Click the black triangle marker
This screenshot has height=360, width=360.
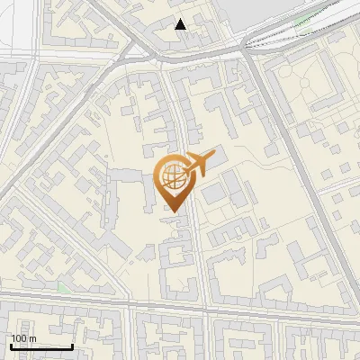coord(181,24)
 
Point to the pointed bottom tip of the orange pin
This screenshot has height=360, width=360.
coord(174,212)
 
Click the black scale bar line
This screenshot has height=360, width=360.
coord(41,346)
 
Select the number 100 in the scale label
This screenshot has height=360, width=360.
coord(19,338)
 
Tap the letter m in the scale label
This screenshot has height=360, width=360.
coord(32,338)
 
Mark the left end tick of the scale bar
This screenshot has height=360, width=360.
coord(11,345)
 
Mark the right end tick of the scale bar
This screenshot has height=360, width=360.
coord(73,345)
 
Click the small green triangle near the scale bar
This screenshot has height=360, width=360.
coord(62,288)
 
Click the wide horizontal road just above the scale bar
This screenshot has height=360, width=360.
coord(180,307)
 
